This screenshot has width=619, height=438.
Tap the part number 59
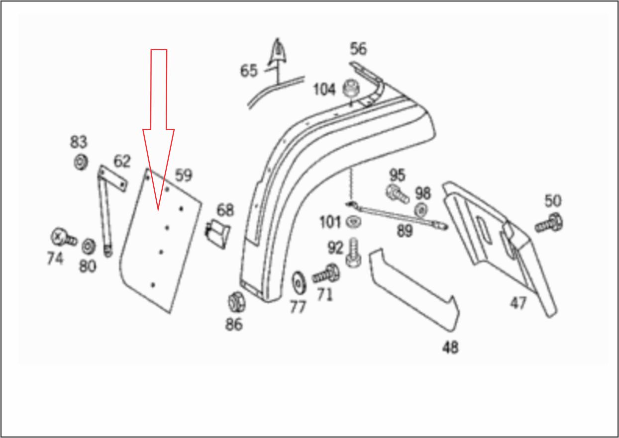183,175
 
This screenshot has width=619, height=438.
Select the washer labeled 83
80,162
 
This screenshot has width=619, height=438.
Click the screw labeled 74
62,237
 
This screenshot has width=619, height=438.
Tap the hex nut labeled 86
234,301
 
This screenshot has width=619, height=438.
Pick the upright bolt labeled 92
352,253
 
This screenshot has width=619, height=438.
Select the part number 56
358,49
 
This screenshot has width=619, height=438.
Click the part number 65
249,71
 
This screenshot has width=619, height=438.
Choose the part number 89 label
405,231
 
